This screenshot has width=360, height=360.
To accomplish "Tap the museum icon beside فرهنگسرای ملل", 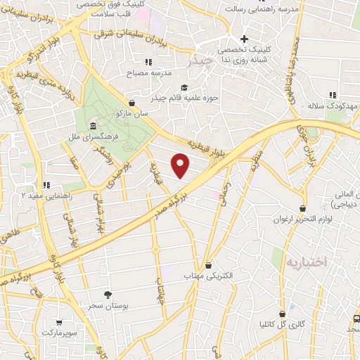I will (x=93, y=126).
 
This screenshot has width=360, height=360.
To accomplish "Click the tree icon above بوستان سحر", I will (x=107, y=295).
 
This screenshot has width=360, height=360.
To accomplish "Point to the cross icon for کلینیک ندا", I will (x=244, y=39).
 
